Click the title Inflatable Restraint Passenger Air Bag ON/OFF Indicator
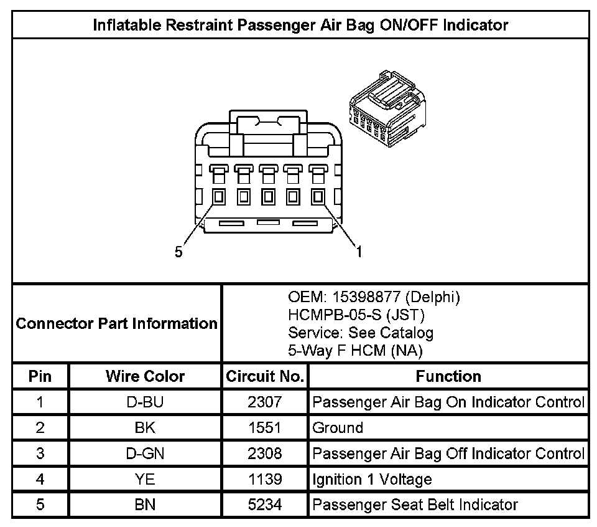pos(300,26)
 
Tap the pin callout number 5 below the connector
pos(178,252)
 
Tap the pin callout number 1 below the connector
pos(359,252)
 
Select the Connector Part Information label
pos(117,324)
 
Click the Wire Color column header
pos(145,376)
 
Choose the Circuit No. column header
pos(265,376)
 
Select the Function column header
pos(448,376)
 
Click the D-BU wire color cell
pos(145,402)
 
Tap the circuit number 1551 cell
pos(265,428)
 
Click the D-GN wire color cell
pos(145,453)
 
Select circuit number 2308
pos(265,453)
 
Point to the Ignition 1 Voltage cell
pos(372,479)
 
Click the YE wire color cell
pos(145,479)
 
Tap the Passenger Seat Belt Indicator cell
pos(415,505)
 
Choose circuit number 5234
pos(265,505)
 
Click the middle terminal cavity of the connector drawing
pos(269,197)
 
